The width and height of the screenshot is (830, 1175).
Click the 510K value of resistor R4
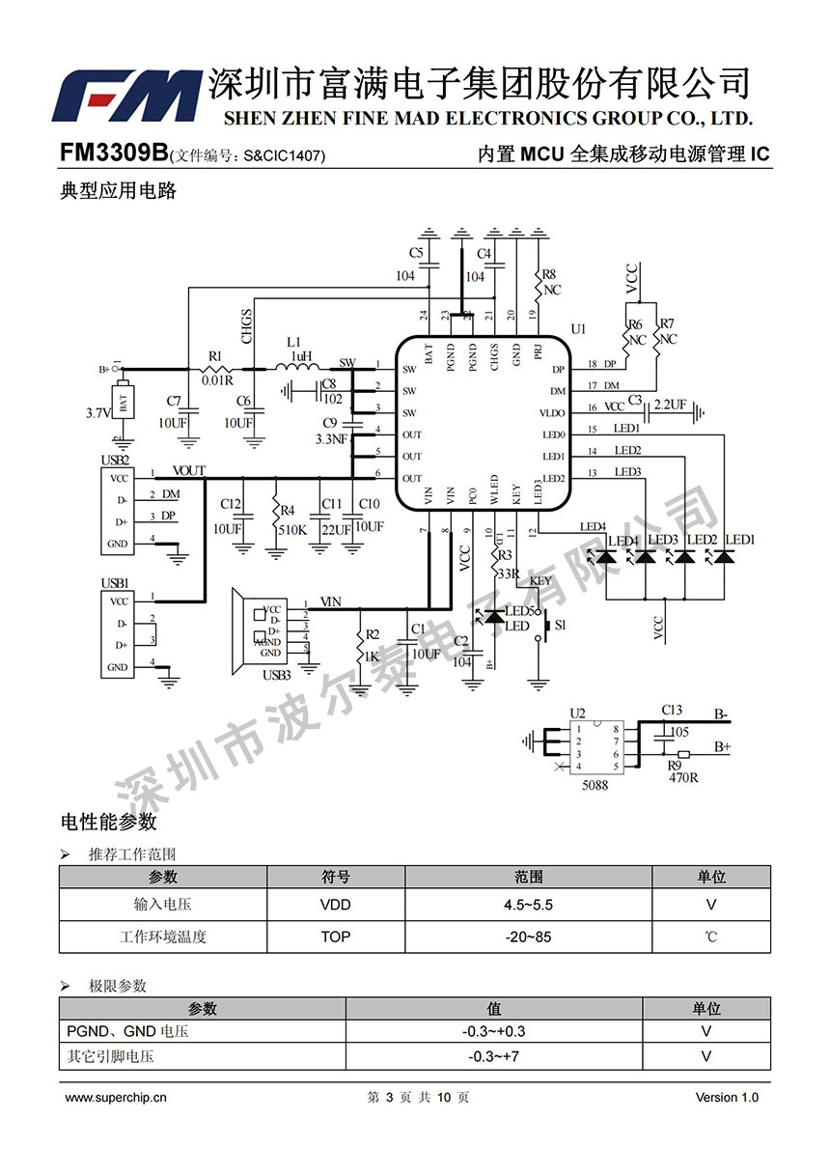pos(293,530)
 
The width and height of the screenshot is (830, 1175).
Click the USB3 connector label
pos(277,674)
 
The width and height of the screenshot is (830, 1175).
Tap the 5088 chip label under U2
pos(595,785)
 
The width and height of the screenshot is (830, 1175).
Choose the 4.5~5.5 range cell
pos(528,905)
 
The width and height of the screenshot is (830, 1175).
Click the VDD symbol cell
pos(335,905)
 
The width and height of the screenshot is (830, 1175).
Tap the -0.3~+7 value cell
pos(493,1056)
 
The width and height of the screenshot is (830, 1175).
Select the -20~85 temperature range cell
pos(528,937)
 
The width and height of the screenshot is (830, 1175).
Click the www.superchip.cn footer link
pos(116,1098)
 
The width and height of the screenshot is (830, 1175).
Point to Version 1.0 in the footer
pos(727,1098)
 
